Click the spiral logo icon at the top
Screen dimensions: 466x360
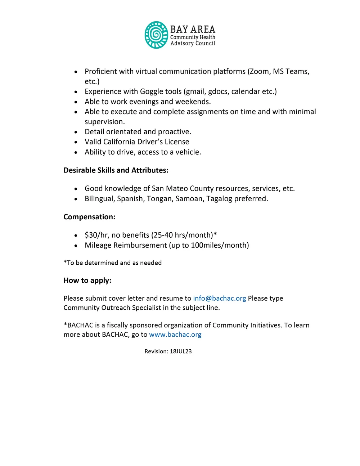point(156,35)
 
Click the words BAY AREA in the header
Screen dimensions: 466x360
point(193,29)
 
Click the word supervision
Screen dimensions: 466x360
point(105,122)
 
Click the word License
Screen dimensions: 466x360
point(177,142)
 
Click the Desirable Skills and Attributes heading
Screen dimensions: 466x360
point(116,170)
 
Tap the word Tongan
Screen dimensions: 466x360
point(159,199)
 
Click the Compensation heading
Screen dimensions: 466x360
point(89,217)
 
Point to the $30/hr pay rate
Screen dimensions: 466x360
point(96,235)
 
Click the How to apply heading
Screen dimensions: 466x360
point(87,281)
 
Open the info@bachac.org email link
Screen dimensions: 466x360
point(220,299)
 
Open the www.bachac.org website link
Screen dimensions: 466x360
point(175,335)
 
